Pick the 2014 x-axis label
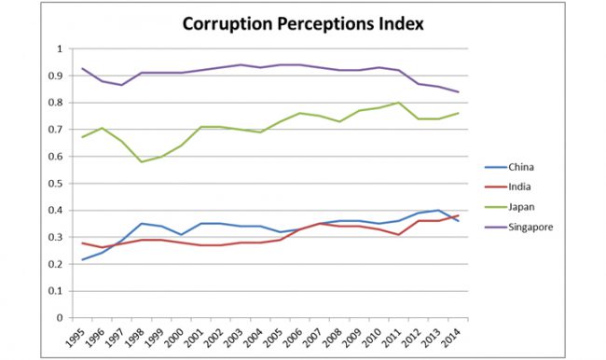(454, 337)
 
